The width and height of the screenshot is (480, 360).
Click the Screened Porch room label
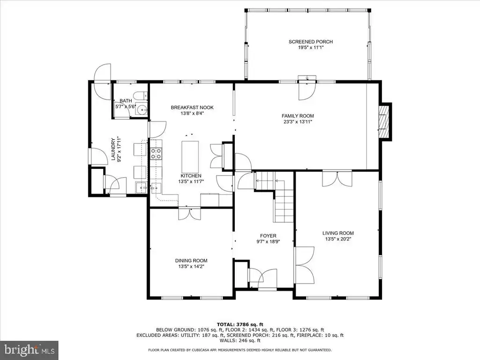[311, 42]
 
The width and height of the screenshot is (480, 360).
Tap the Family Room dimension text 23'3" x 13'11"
[298, 122]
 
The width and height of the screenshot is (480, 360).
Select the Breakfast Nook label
[192, 107]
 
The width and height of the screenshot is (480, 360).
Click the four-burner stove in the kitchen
[156, 153]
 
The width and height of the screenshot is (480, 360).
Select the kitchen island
[190, 157]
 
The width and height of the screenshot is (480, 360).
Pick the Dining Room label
[191, 261]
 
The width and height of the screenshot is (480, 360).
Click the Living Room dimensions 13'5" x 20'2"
[338, 239]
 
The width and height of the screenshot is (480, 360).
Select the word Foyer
[268, 236]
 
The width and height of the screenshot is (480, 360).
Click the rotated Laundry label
[113, 149]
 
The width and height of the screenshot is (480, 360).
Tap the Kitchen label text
[191, 176]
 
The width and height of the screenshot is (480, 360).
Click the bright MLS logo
[29, 349]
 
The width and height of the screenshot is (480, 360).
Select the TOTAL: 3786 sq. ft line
[240, 324]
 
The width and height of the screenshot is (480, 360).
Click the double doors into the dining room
[190, 214]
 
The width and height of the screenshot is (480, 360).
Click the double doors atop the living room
[337, 179]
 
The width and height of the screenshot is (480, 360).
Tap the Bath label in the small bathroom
[126, 101]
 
